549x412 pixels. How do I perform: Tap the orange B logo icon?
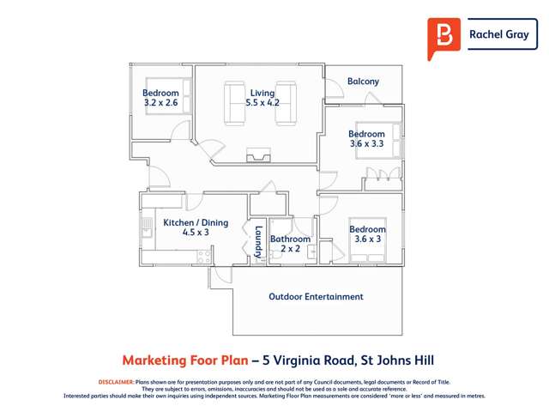tap(443, 37)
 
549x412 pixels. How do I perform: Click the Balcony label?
tap(363, 82)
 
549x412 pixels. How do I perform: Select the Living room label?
tap(262, 93)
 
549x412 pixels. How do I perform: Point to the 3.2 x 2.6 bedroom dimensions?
tap(161, 103)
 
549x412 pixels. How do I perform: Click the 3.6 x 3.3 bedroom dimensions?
tap(366, 144)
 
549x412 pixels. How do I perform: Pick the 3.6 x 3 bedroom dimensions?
tap(366, 239)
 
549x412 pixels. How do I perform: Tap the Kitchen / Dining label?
tap(196, 223)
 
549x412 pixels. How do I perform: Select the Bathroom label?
tap(290, 239)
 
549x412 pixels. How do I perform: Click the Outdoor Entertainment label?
tap(316, 297)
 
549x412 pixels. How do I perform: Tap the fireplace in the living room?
tap(256, 156)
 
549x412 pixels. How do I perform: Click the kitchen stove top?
tap(204, 255)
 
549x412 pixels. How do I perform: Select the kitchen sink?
tap(146, 228)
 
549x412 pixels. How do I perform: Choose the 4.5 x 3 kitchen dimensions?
tap(196, 233)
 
